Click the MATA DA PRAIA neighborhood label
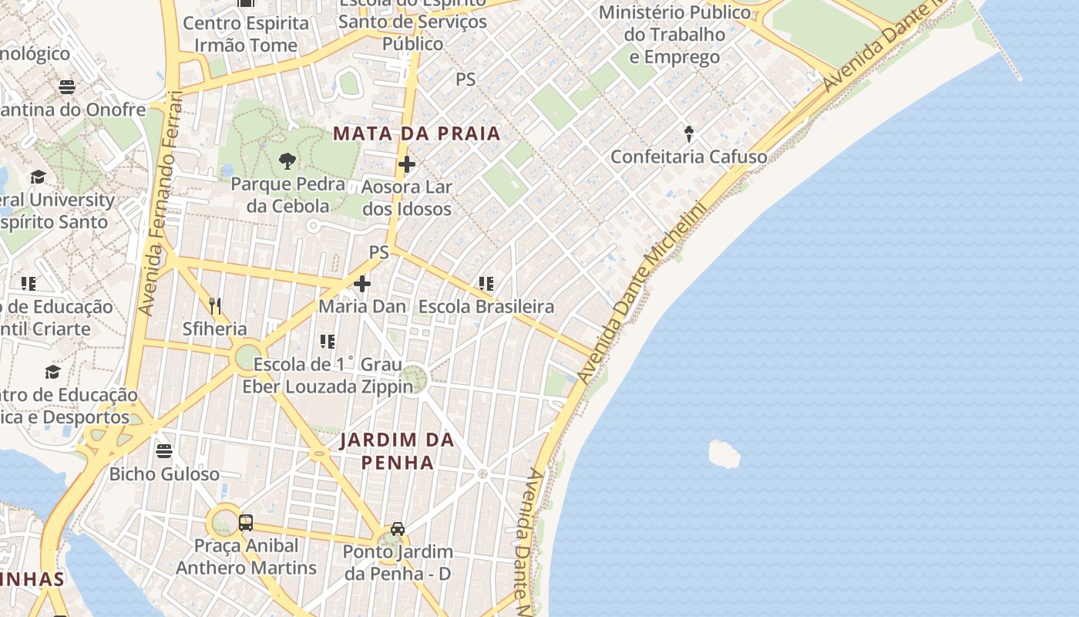tap(417, 133)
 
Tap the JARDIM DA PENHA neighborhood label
tap(397, 451)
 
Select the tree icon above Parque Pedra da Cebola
tap(287, 161)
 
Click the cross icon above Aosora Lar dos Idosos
tap(407, 164)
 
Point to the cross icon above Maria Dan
tap(362, 284)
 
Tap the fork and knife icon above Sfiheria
tap(215, 306)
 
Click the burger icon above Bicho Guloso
tap(164, 450)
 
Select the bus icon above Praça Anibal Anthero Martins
tap(246, 523)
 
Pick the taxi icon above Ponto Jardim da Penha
tap(398, 529)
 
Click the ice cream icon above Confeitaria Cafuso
tap(689, 134)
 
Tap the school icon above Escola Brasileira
tap(486, 284)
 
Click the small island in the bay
tap(724, 454)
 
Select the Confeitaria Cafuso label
tap(689, 157)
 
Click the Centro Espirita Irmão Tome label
tap(246, 34)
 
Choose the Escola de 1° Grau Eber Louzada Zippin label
tap(328, 375)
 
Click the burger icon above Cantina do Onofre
tap(67, 86)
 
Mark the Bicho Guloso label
tap(164, 474)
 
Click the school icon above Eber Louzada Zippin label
tap(328, 341)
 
